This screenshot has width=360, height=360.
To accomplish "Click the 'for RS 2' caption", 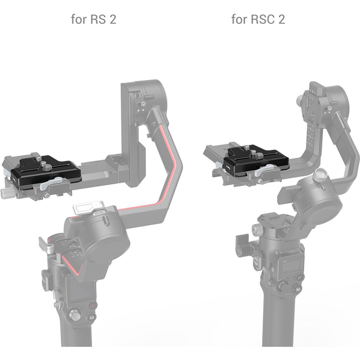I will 94,19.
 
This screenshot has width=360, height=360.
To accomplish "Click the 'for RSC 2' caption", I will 258,19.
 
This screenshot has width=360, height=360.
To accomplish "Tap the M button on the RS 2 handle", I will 92,317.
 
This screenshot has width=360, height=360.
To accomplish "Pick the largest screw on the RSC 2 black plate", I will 259,156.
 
